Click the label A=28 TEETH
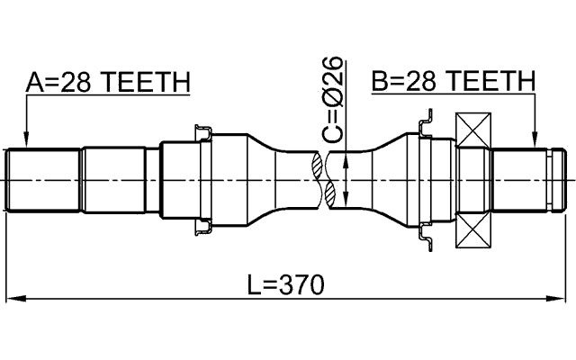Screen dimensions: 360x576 click(x=107, y=83)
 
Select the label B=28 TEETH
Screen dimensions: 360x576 click(x=453, y=83)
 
